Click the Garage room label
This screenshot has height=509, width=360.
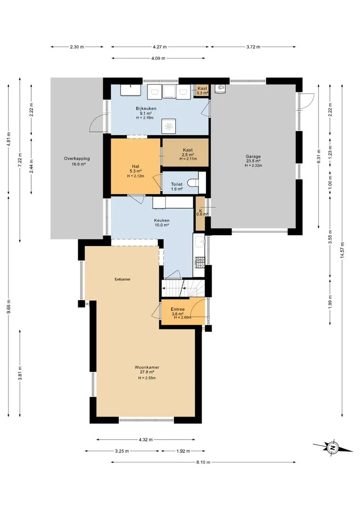click(253, 156)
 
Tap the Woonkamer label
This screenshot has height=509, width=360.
click(147, 368)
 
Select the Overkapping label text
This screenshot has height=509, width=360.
click(77, 159)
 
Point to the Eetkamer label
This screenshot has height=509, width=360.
click(123, 279)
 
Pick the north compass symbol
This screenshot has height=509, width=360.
click(333, 448)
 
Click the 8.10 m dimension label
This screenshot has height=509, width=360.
click(203, 462)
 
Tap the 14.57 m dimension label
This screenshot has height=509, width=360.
click(342, 250)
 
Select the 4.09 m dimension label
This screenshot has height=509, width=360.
click(158, 58)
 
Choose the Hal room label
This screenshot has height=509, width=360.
click(135, 166)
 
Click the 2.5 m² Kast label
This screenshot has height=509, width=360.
click(188, 155)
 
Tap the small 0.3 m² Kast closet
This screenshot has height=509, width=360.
click(202, 90)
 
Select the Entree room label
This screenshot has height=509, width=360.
click(178, 309)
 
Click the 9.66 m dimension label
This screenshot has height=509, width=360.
click(9, 306)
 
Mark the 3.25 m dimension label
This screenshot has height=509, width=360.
click(122, 451)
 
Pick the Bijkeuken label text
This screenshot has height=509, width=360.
click(146, 108)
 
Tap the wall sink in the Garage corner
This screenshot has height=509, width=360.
click(221, 88)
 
